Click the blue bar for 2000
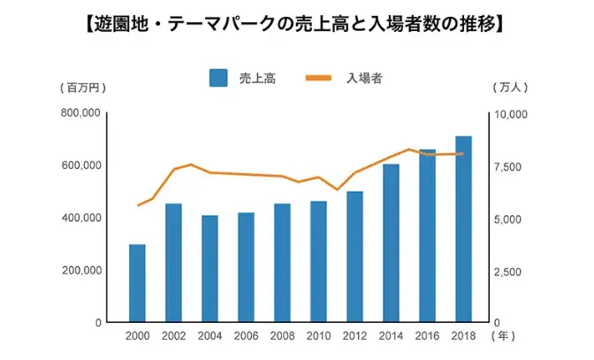coord(137,283)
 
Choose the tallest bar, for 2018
coord(463,229)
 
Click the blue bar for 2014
coord(391,243)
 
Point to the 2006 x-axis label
coord(246,336)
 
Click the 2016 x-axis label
coord(427,336)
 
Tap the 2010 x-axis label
coord(318,336)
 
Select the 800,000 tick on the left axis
coord(80,113)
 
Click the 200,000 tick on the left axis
coord(80,271)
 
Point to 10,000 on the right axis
coord(510,115)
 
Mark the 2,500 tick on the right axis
coord(508,272)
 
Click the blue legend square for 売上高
coord(218,78)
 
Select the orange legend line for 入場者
coord(319,78)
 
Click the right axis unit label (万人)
coord(510,88)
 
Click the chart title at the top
coord(297,21)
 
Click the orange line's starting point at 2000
coord(137,205)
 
